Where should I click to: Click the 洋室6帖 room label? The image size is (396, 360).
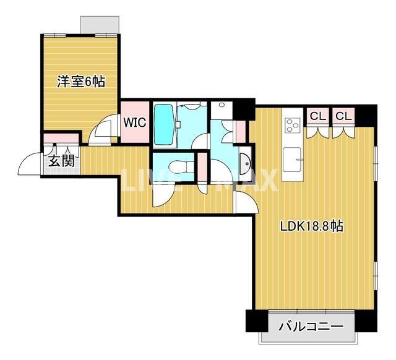click(x=81, y=82)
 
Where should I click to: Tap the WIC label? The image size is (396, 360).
click(x=134, y=121)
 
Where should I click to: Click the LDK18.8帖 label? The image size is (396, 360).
click(x=312, y=226)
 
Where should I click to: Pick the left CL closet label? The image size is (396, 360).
click(x=318, y=116)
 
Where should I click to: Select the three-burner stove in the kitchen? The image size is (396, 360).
click(x=291, y=125)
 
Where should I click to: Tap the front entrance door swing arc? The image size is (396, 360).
click(x=31, y=165)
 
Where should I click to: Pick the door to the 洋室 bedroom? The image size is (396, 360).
click(x=101, y=130)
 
